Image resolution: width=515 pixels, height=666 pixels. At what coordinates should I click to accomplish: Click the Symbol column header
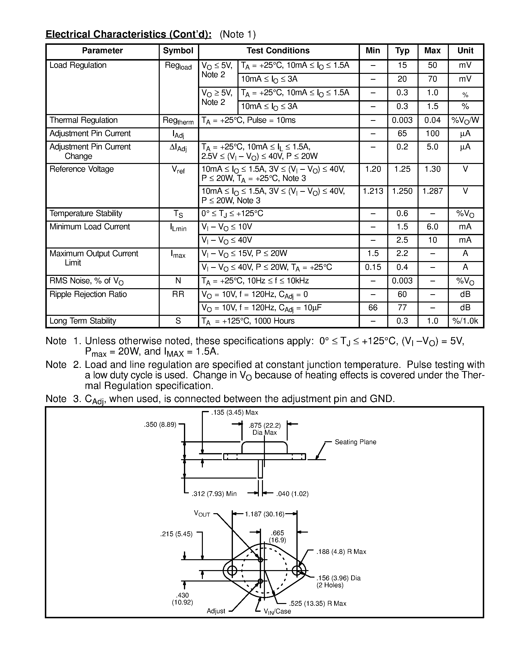[178, 51]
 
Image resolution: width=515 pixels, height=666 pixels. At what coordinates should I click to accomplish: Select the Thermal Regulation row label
[83, 120]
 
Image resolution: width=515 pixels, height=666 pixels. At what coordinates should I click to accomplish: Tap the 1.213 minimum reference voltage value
[373, 191]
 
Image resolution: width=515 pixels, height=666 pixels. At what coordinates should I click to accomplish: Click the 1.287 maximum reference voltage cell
[432, 191]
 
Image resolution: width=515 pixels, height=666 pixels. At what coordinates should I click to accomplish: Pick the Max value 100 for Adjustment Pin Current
[432, 134]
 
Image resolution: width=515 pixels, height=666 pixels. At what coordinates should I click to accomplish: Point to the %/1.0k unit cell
[465, 321]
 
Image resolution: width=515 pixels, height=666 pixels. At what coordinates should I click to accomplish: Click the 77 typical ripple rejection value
[402, 307]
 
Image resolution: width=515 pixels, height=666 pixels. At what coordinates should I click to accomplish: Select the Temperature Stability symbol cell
[178, 214]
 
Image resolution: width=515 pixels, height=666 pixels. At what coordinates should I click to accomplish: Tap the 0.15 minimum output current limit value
[373, 267]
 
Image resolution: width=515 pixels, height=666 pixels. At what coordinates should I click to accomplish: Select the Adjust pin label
[216, 611]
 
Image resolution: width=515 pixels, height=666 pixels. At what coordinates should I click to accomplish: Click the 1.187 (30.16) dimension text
[264, 514]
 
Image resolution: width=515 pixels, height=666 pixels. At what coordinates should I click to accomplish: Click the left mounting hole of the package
[232, 570]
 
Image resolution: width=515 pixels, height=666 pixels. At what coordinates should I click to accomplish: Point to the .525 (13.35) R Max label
[318, 604]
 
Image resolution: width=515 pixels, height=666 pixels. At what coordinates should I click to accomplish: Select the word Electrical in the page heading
[68, 34]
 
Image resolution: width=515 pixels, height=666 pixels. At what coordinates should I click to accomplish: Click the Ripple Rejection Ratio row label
[88, 294]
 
